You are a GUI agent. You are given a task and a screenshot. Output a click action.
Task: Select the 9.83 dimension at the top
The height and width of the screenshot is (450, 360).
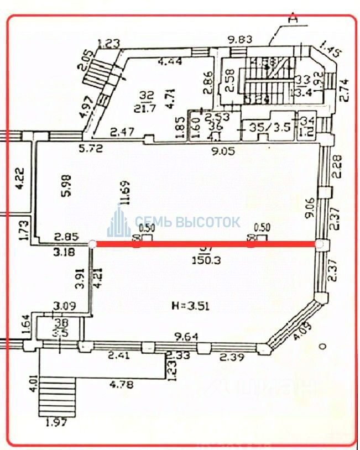coord(241,39)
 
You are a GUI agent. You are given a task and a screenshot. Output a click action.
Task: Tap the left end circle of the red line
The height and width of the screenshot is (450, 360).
coord(93,244)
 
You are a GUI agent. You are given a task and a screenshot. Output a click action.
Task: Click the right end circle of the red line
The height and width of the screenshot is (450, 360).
coord(319,244)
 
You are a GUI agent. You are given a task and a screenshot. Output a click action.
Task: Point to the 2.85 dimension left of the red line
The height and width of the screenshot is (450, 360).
coord(64,238)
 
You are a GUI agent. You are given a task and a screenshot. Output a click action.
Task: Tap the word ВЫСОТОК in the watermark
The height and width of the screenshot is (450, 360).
coord(208,222)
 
